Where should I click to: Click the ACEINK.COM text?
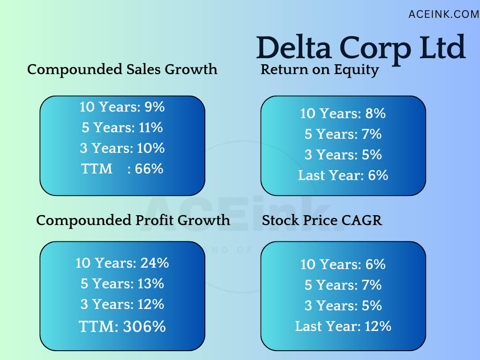point(443,15)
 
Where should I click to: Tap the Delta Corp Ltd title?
point(361,47)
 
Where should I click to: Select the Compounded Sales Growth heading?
point(122,69)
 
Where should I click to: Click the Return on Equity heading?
point(320,69)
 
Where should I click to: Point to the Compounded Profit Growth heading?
point(133,220)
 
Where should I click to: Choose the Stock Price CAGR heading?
point(322,220)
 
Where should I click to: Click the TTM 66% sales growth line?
point(122,169)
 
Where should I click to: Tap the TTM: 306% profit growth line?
point(122,327)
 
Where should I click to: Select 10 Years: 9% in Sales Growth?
point(122,107)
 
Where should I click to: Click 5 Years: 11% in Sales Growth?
point(122,127)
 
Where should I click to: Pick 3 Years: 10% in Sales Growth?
point(122,148)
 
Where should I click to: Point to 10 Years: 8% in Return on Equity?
point(343,113)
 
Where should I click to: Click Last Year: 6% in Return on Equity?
point(343,175)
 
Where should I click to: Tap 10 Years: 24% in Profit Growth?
point(122,263)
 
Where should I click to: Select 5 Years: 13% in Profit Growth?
point(122,284)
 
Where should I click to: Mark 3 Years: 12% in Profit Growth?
point(122,304)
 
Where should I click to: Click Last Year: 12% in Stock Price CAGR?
point(343,326)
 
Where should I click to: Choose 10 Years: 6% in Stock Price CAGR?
point(343,264)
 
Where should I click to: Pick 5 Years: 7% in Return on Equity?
point(343,134)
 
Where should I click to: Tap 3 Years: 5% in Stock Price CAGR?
point(343,306)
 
